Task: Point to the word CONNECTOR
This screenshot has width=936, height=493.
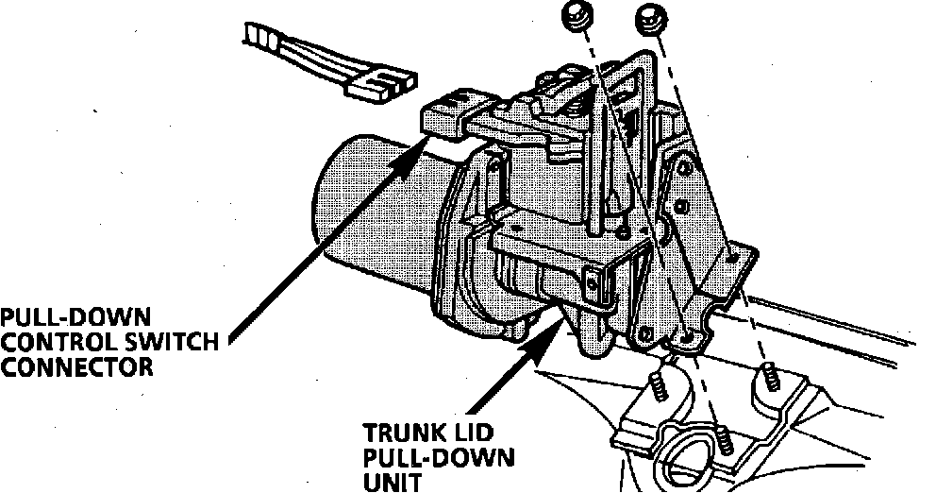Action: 75,366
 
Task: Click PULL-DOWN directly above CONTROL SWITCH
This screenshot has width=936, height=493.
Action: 75,317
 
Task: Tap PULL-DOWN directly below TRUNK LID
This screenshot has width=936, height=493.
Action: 440,459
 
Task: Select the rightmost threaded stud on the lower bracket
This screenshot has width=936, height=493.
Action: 768,378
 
